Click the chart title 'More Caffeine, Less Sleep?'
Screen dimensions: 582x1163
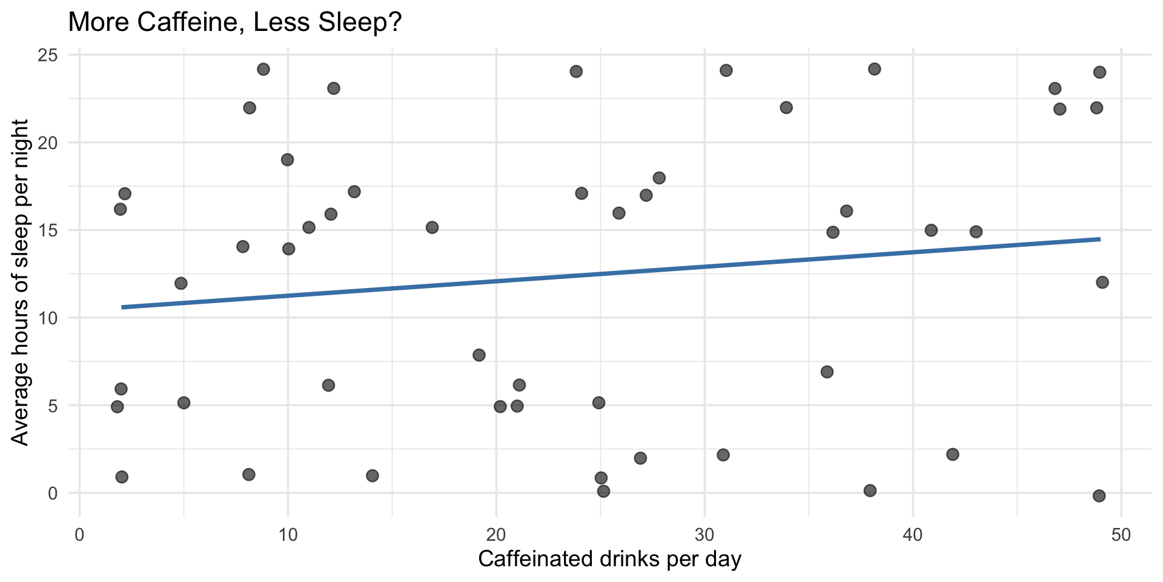click(235, 23)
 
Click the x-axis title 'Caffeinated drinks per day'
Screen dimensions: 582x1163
click(609, 559)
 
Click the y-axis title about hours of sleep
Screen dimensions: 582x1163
click(21, 282)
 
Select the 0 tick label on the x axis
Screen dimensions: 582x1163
click(79, 535)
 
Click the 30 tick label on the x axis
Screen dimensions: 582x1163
click(704, 535)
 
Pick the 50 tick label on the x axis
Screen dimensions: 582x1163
click(1121, 535)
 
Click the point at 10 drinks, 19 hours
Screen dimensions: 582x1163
click(288, 160)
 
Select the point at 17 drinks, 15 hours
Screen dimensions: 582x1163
click(432, 227)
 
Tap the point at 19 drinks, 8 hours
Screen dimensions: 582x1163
click(479, 355)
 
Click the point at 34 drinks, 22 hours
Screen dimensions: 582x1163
click(786, 108)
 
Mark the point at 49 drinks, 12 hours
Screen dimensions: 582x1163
click(1102, 283)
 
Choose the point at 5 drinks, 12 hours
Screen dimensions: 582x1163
click(181, 283)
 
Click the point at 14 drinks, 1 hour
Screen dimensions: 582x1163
click(373, 476)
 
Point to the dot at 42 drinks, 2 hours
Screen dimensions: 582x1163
click(953, 455)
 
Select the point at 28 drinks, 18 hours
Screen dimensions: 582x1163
click(659, 178)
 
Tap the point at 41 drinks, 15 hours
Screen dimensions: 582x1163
click(931, 230)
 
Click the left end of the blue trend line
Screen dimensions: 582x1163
click(122, 307)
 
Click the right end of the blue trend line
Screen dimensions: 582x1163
click(1099, 239)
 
